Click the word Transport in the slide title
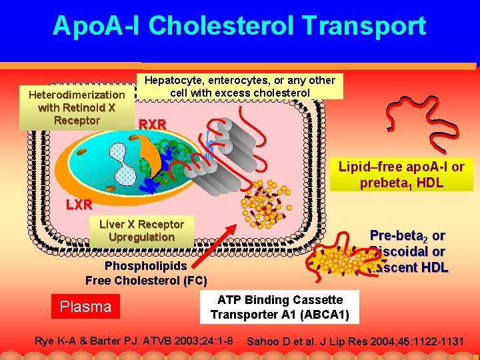pos(363,26)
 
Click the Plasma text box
pos(86,307)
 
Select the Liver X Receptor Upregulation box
pos(141,230)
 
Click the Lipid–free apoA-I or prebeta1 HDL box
pos(401,174)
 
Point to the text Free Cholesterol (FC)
pos(146,280)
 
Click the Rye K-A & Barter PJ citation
pos(133,341)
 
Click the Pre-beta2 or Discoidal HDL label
pos(407,252)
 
